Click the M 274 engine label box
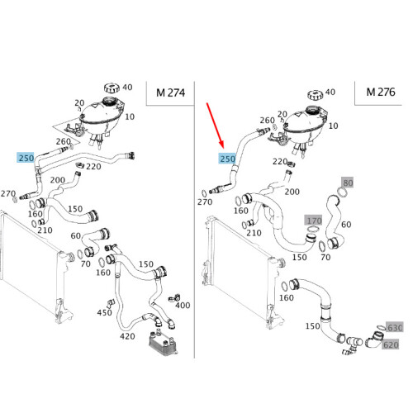coord(169,93)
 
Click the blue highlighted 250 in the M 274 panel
coord(26,157)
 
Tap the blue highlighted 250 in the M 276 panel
coord(227,159)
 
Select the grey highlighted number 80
coord(346,183)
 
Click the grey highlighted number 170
coord(313,221)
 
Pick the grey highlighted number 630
coord(395,327)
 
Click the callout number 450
coord(104,312)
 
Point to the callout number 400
coord(183,306)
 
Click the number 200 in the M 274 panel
coord(58,180)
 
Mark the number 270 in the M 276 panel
coord(205,202)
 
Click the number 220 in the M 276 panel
coord(279,163)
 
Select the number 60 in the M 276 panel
coord(346,224)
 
